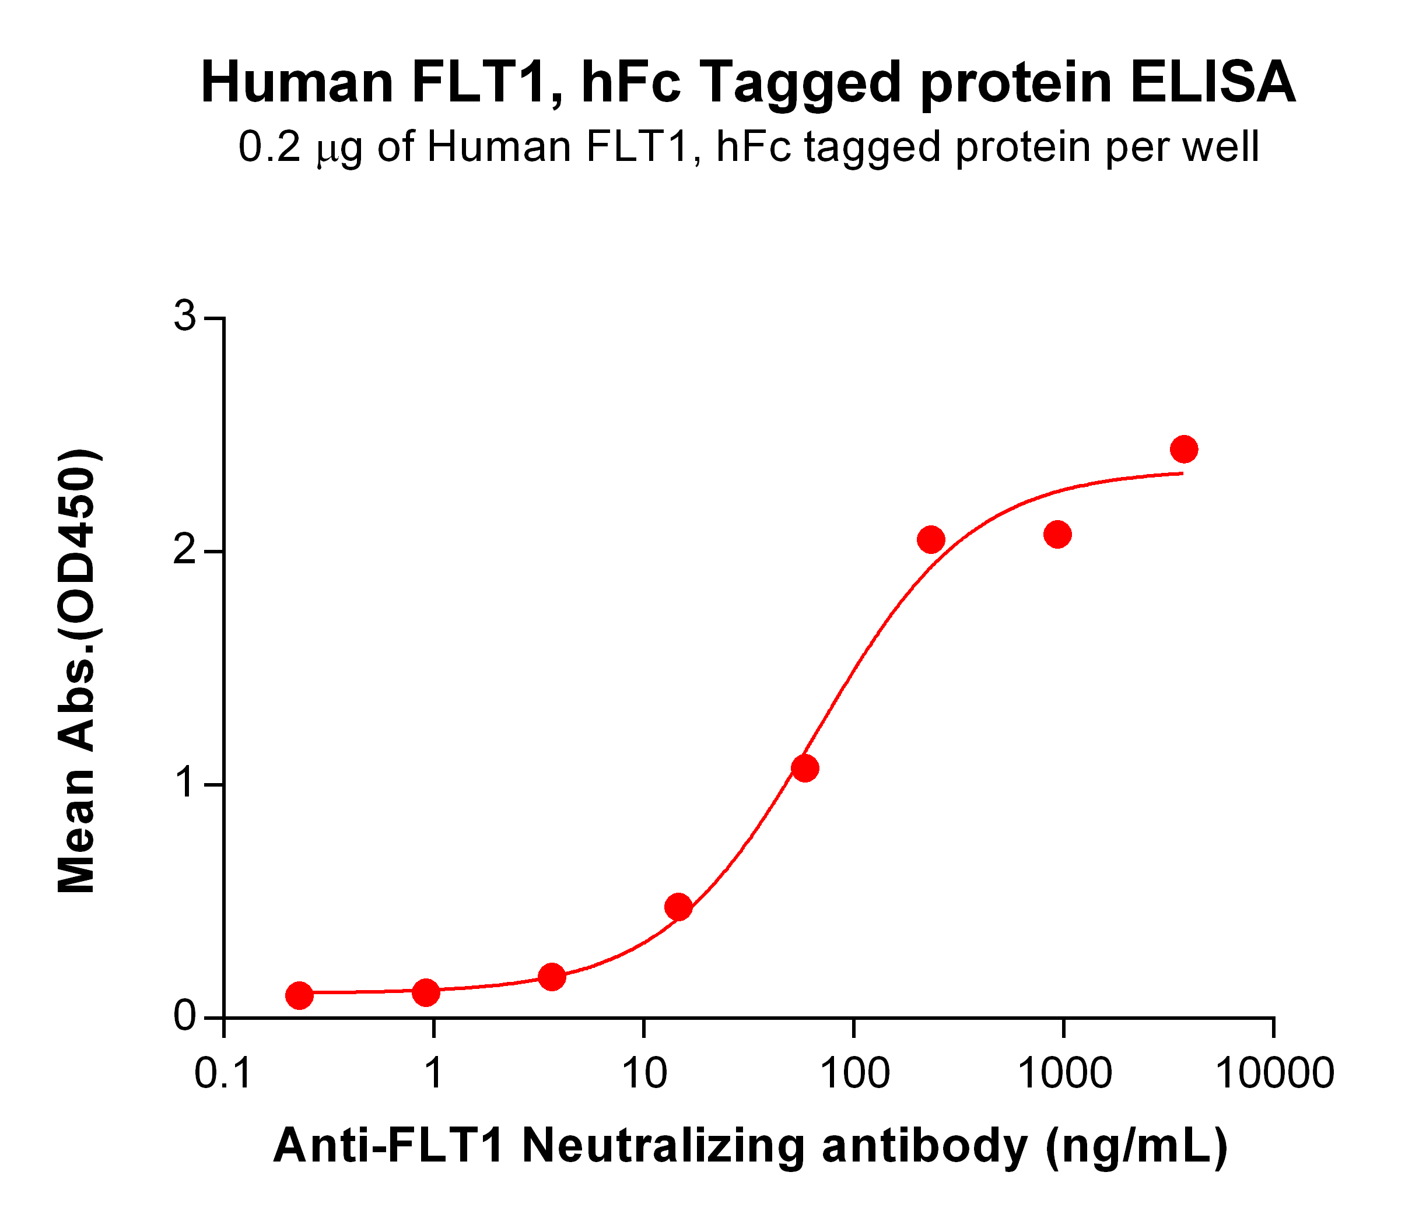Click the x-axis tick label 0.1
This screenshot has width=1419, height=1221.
point(223,1072)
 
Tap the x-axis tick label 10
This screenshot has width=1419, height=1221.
point(644,1072)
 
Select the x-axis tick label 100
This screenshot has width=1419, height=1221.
point(854,1072)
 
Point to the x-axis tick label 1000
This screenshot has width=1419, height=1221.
point(1064,1072)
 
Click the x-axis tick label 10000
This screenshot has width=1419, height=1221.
point(1274,1072)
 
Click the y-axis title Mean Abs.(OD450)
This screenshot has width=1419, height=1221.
point(77,671)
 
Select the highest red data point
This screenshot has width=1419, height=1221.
point(1184,450)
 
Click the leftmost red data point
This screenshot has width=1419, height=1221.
point(299,995)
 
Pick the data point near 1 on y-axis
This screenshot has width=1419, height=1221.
point(805,769)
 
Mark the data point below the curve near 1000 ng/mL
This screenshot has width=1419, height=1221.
point(1057,535)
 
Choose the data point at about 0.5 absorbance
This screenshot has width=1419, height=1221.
point(678,907)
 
